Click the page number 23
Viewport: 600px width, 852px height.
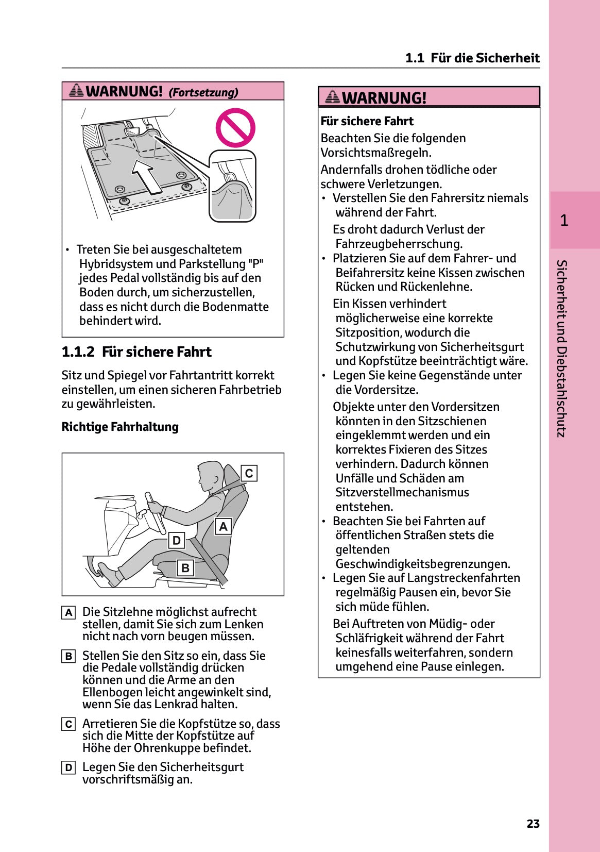(x=533, y=824)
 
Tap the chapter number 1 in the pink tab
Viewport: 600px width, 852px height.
(x=564, y=221)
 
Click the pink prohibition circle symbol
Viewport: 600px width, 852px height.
(x=235, y=128)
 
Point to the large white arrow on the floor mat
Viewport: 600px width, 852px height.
(x=147, y=176)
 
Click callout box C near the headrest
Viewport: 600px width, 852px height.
(x=249, y=473)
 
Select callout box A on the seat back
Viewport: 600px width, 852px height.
(x=223, y=526)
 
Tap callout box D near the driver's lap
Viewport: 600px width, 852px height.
(x=177, y=540)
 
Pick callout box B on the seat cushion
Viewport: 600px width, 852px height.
(x=185, y=568)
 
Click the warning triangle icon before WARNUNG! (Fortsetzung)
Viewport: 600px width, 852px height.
(x=76, y=91)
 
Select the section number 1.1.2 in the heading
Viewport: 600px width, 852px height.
(x=78, y=352)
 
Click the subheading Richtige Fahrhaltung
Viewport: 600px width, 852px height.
(x=120, y=427)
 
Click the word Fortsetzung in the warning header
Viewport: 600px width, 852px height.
(x=203, y=93)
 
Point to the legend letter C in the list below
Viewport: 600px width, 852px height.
(x=68, y=724)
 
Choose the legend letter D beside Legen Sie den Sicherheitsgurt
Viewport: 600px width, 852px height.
(x=68, y=768)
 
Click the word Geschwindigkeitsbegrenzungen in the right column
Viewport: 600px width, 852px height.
(x=422, y=564)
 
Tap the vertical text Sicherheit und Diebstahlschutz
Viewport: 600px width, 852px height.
(x=562, y=348)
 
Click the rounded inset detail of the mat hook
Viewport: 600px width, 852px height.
(x=232, y=186)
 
